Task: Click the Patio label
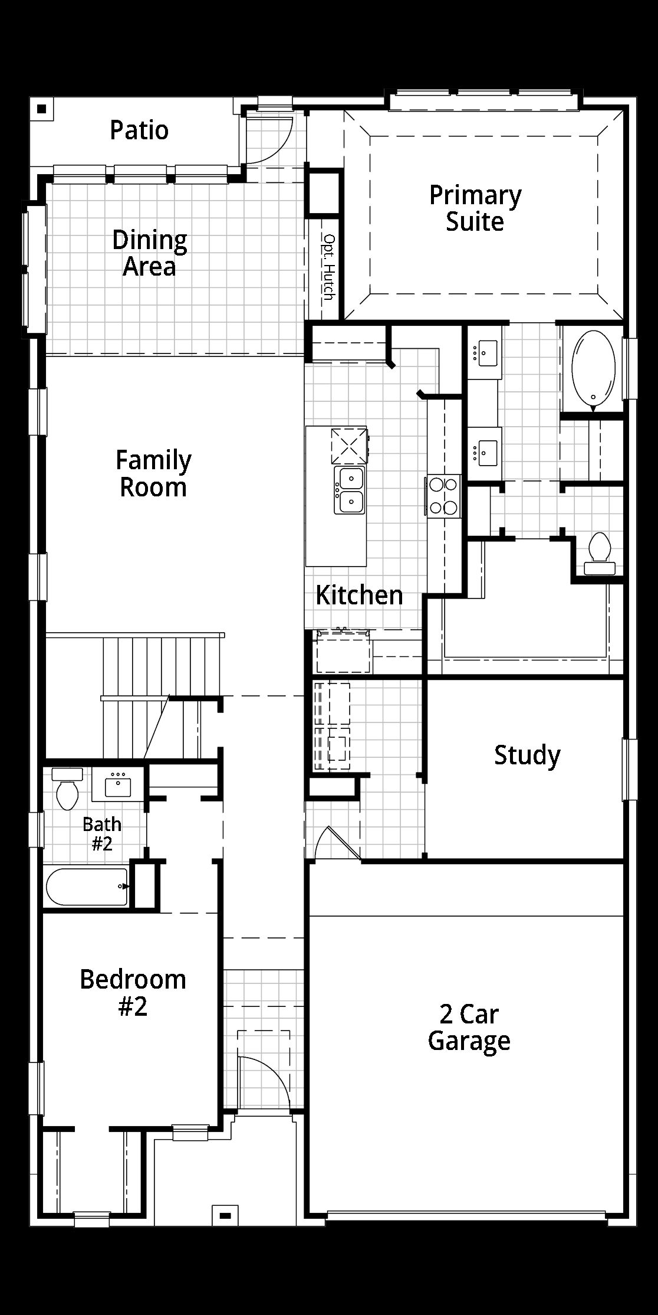(139, 130)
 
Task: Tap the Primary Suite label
(475, 208)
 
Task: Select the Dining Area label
(150, 253)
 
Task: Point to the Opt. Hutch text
(329, 267)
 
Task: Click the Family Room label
(153, 474)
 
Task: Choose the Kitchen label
(359, 595)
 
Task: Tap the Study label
(527, 755)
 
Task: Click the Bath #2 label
(102, 833)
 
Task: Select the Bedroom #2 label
(133, 993)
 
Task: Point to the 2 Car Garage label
(469, 1028)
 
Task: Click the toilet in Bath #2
(67, 789)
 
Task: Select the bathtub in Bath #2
(87, 887)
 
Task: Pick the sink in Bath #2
(118, 786)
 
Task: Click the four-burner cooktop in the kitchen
(443, 496)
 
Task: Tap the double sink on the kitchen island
(350, 490)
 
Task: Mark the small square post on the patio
(41, 109)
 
